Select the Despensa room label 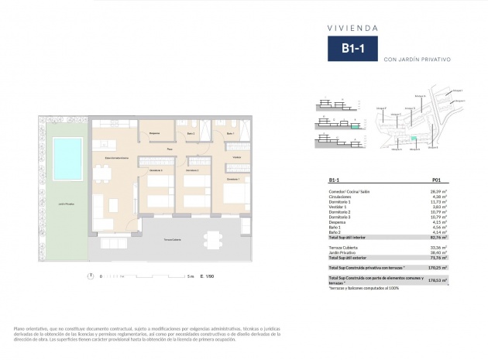[154, 133]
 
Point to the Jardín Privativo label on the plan [66, 204]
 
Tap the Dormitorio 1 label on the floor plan [233, 179]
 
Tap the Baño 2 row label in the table [336, 233]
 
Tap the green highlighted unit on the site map [413, 139]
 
